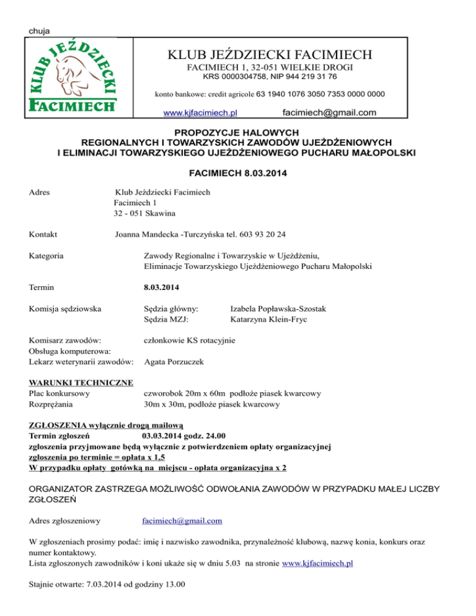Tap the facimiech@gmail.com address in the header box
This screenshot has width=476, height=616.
click(x=328, y=112)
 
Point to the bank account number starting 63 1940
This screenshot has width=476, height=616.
click(x=320, y=94)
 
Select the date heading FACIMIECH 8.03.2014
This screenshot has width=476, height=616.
click(x=237, y=174)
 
